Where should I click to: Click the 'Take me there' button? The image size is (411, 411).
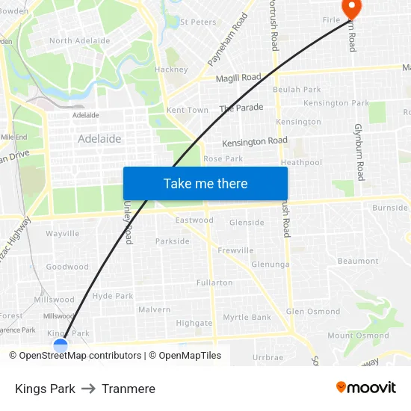coord(205,183)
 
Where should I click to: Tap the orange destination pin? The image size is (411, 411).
coord(350,7)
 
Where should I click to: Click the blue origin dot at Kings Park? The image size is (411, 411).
coord(61,345)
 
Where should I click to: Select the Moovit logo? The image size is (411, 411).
coord(366,388)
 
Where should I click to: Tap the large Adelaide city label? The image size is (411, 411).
coord(99,139)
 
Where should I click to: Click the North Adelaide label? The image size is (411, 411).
coord(80,40)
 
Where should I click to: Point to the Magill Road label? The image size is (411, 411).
coord(238,78)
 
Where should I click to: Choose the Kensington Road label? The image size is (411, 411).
coord(255,141)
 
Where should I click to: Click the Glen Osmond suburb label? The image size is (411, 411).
coord(313,312)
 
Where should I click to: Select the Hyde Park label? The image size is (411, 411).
coord(113,296)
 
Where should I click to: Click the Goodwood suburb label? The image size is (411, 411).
coord(67,267)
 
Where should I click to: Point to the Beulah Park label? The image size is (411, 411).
coord(297,90)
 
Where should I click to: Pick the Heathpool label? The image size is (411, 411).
coord(301,162)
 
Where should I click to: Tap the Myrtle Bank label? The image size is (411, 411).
coord(247,318)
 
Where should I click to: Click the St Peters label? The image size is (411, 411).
coord(199,22)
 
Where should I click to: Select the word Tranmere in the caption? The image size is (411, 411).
coord(129,389)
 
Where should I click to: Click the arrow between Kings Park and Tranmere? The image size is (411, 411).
coord(88,389)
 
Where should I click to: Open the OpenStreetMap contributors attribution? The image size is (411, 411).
coord(80,356)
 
